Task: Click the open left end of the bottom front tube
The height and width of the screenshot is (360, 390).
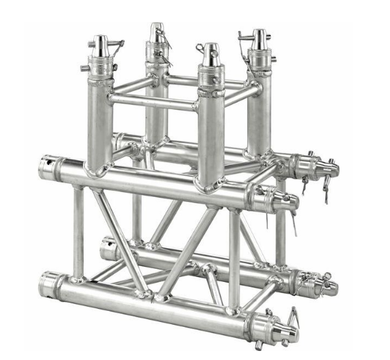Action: (49, 283)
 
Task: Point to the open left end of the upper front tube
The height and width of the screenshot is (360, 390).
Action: (49, 168)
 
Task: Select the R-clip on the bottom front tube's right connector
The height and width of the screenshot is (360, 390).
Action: (294, 317)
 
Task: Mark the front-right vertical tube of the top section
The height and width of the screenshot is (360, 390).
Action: (209, 131)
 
